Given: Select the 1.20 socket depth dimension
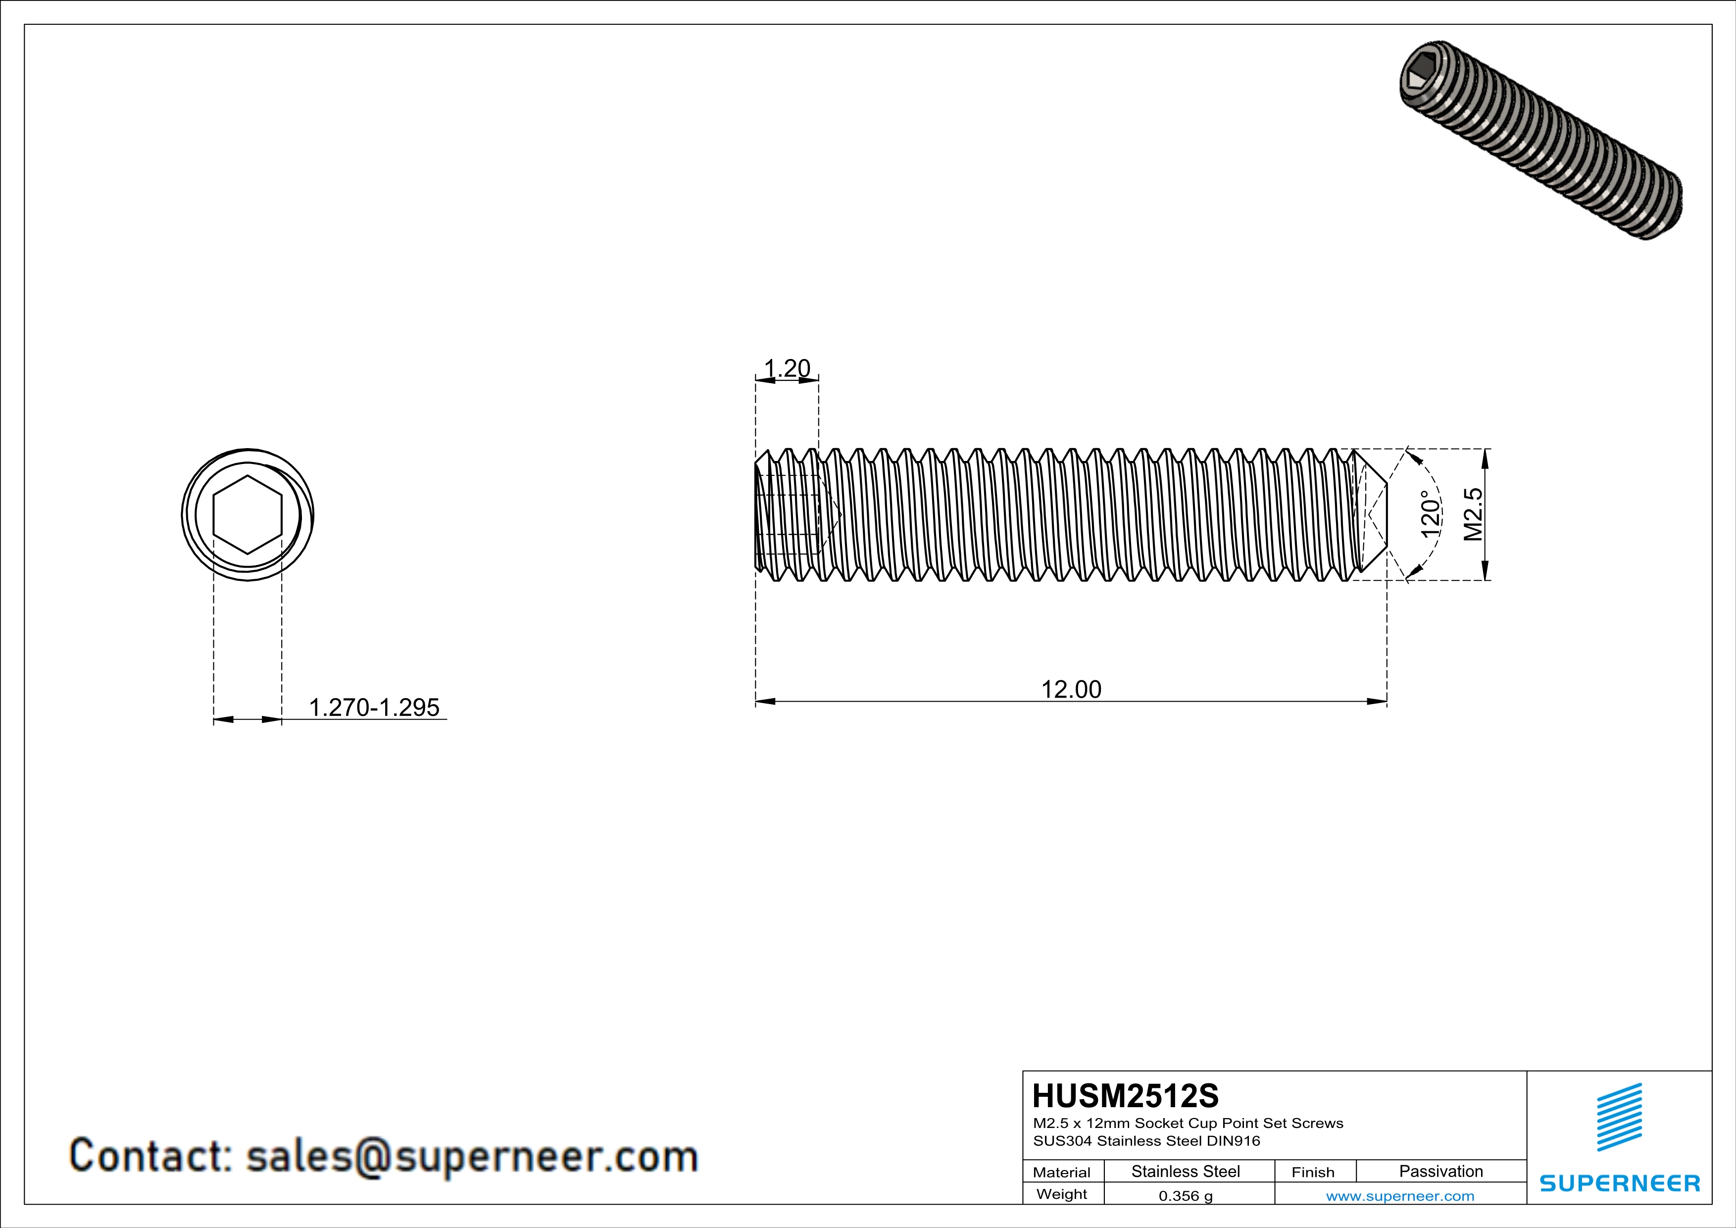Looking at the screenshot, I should (x=787, y=368).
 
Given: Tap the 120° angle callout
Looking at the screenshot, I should (x=1429, y=514).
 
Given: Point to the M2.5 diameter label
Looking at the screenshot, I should (x=1473, y=514).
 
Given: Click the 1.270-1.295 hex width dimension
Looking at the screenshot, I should (x=374, y=707).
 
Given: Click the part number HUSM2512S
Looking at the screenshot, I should (x=1125, y=1096).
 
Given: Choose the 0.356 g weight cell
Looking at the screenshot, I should (x=1185, y=1195).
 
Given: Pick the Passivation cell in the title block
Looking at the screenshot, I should (x=1440, y=1171).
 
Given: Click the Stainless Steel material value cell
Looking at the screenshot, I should (x=1185, y=1171).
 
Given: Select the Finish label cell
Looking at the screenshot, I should (x=1313, y=1172).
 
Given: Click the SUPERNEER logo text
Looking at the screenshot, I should (x=1620, y=1183).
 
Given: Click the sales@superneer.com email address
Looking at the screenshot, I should (x=472, y=1156).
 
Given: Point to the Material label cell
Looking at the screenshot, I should (x=1062, y=1172).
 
